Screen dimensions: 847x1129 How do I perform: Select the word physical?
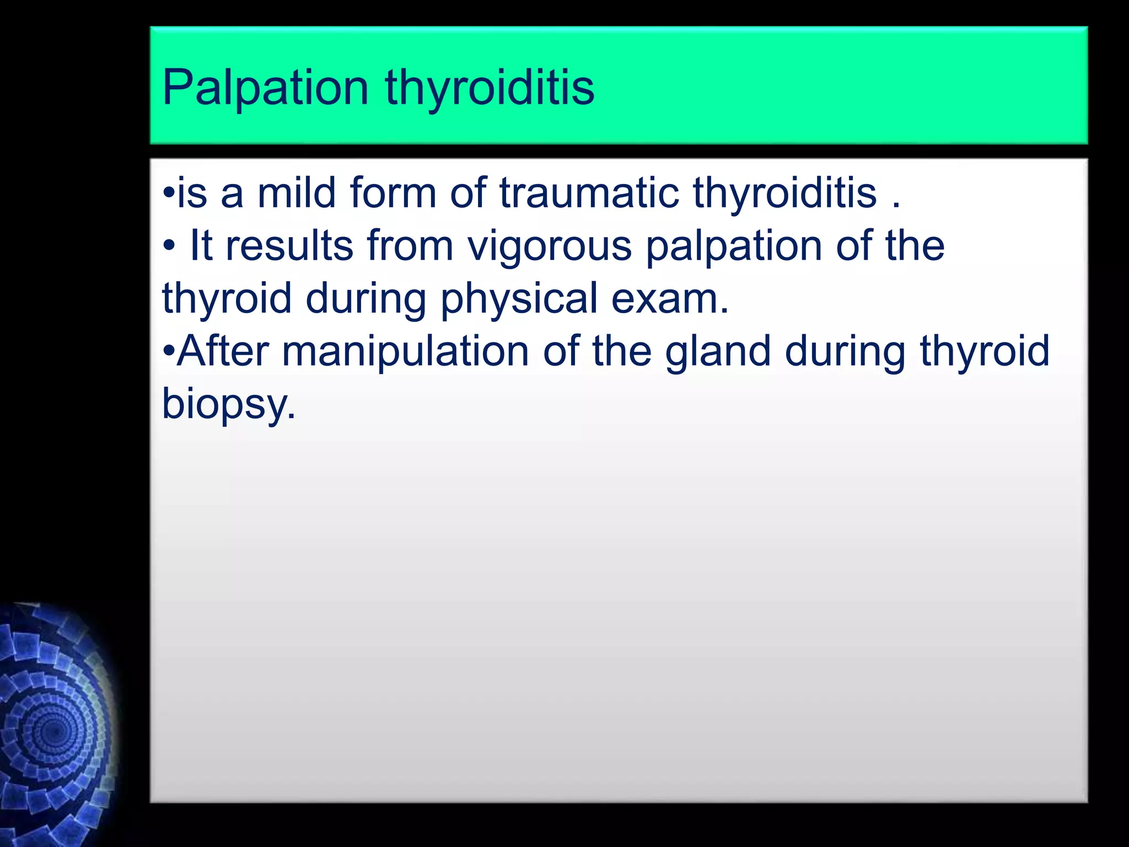tap(519, 298)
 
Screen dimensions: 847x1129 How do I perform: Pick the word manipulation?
tap(405, 351)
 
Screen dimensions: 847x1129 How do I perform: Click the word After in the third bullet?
tap(223, 351)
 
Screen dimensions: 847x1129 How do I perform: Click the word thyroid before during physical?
tap(226, 298)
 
